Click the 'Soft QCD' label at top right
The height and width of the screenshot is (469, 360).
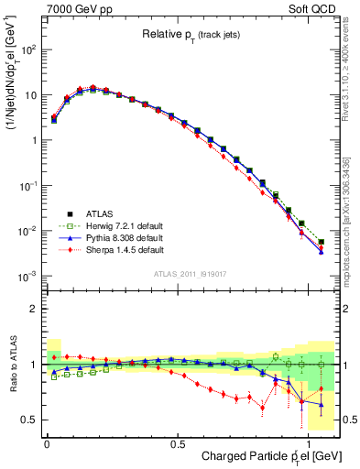(317, 8)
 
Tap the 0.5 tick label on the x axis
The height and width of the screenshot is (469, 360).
(176, 442)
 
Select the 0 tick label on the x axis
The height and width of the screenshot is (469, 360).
(47, 442)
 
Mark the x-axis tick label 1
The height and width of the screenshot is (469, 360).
(307, 442)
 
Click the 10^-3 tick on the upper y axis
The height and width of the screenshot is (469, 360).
(27, 276)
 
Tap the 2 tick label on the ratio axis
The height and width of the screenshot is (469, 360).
(33, 309)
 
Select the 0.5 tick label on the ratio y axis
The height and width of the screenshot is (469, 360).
(28, 420)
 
